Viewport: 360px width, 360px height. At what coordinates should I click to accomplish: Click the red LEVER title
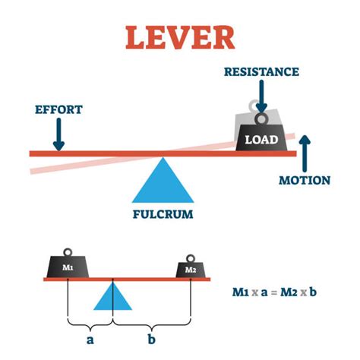point(180,36)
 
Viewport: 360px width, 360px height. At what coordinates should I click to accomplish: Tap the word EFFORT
point(58,109)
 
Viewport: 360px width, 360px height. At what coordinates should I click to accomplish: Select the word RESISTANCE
point(261,71)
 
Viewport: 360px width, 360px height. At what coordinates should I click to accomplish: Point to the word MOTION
point(304,181)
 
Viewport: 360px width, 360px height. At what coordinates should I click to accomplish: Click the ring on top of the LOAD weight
point(261,119)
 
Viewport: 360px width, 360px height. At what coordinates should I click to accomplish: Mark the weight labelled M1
point(68,267)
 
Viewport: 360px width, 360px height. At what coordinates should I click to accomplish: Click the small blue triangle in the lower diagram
point(113,297)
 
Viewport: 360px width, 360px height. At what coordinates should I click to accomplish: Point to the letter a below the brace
point(90,339)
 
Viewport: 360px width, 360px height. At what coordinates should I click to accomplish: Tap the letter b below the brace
point(152,339)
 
